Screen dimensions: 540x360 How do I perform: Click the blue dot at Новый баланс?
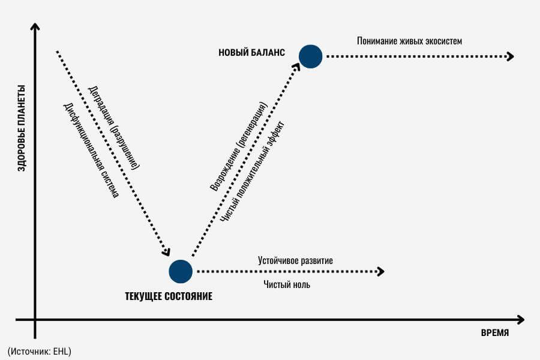[x=310, y=56]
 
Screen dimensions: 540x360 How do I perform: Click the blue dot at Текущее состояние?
[x=181, y=271]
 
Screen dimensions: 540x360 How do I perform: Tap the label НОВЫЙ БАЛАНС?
[x=252, y=52]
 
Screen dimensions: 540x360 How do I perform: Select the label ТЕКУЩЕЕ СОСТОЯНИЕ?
[x=169, y=296]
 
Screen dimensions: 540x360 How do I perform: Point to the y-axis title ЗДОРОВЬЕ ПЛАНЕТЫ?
[x=22, y=128]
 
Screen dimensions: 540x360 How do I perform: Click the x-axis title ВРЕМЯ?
[x=495, y=333]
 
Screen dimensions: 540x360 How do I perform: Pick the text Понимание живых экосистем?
[x=409, y=41]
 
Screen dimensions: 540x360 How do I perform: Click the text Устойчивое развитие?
[x=295, y=260]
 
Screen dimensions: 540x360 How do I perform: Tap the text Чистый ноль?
[x=287, y=284]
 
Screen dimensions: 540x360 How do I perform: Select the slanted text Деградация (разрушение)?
[x=114, y=127]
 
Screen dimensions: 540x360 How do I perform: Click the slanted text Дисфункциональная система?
[x=91, y=150]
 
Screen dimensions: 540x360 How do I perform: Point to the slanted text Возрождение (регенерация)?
[x=238, y=146]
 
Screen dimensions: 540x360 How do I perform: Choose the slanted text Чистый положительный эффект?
[x=253, y=171]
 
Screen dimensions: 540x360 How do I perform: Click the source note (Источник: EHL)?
[x=39, y=352]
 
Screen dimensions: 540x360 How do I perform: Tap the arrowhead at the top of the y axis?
[x=35, y=27]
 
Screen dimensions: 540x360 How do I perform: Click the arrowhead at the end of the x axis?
[x=520, y=320]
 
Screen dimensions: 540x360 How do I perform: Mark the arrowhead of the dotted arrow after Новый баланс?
[x=510, y=56]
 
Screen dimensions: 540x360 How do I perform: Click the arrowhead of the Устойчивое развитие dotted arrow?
[x=380, y=271]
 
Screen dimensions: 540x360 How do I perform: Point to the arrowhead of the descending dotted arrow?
[x=166, y=252]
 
